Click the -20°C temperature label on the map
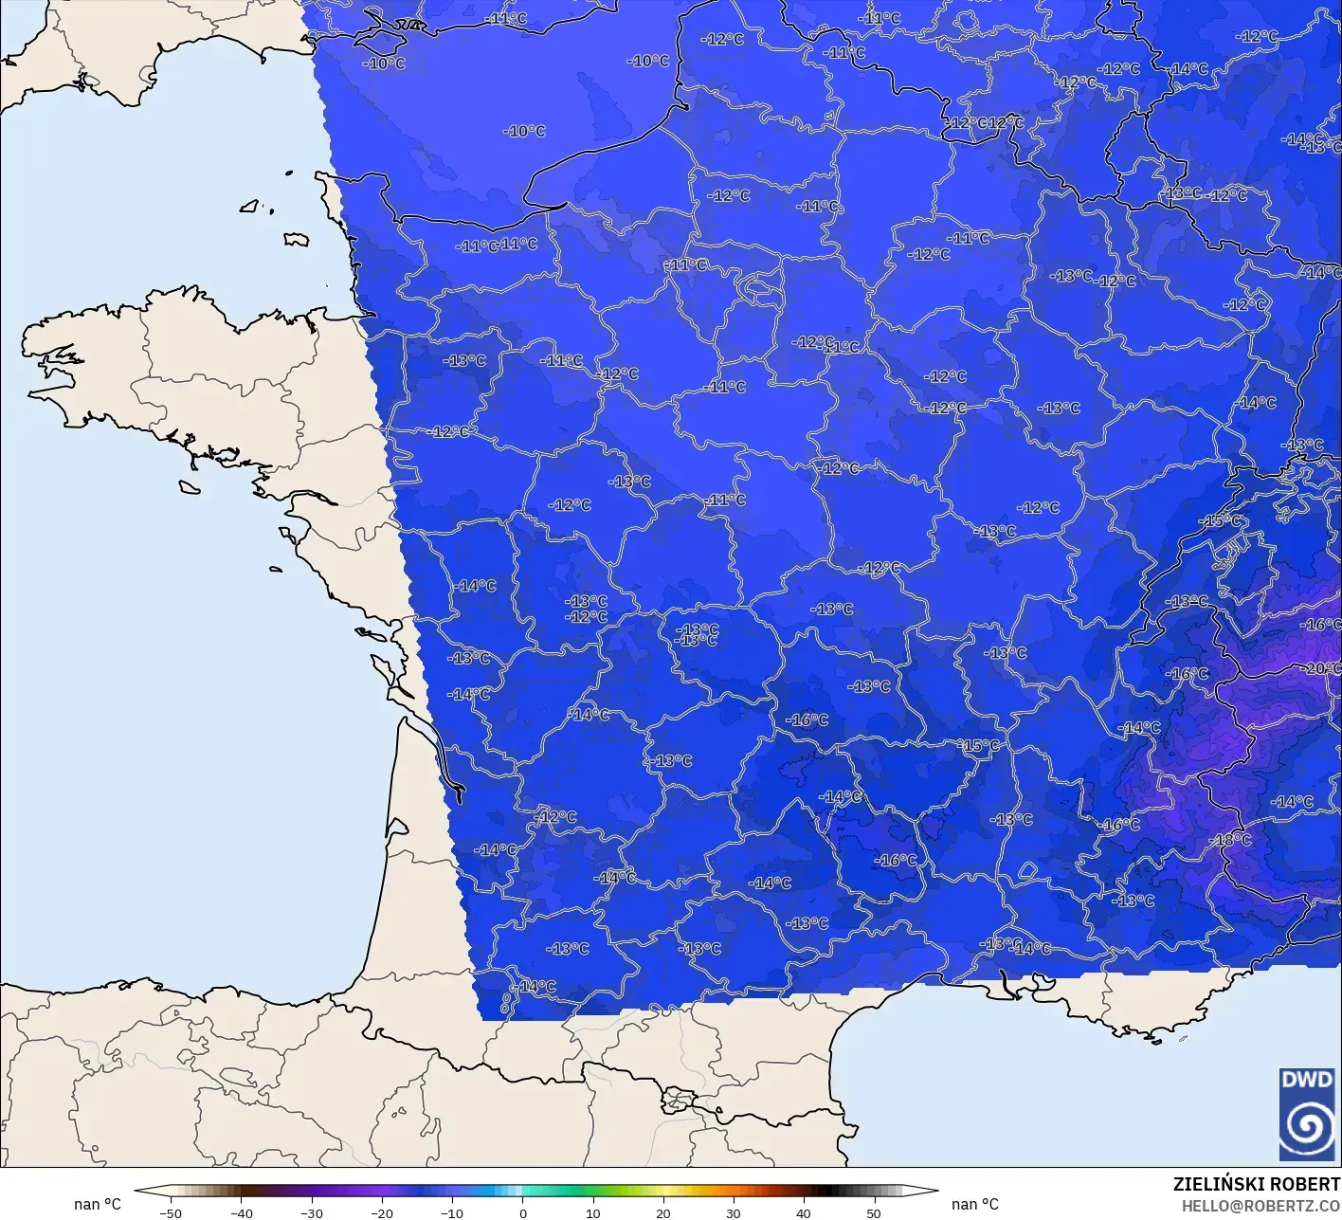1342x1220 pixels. pos(1323,668)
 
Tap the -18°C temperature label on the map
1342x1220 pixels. pos(1232,840)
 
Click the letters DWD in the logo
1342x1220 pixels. pos(1306,1080)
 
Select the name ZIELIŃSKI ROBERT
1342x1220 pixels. pos(1256,1184)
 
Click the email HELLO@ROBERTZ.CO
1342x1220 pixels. pos(1261,1205)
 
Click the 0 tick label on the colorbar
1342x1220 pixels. pos(522,1212)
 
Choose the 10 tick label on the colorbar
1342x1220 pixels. pos(592,1212)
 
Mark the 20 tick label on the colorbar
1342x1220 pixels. pos(662,1212)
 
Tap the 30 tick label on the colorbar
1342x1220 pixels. pos(733,1212)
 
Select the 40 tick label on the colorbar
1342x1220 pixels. pos(803,1212)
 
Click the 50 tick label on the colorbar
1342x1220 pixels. pos(873,1212)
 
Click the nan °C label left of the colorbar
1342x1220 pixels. pos(98,1204)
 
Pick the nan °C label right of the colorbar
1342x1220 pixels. pos(975,1204)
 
